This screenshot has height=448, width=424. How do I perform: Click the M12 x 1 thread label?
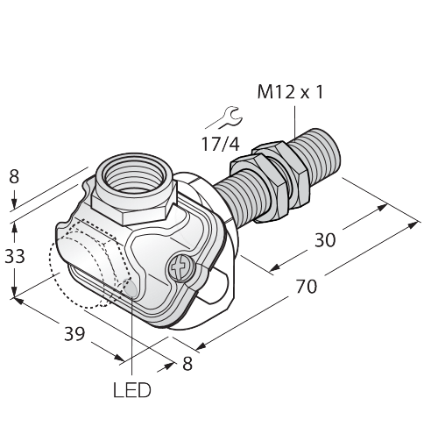(290, 92)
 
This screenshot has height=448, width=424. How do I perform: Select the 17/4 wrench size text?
(221, 144)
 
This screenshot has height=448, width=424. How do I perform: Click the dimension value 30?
(325, 240)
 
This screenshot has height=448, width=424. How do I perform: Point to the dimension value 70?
(307, 287)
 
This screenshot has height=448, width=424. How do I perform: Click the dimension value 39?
(74, 333)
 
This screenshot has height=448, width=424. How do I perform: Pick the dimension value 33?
(15, 256)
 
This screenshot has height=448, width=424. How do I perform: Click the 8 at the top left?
(14, 176)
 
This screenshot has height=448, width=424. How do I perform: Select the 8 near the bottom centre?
(187, 364)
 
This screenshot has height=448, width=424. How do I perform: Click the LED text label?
(132, 390)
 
